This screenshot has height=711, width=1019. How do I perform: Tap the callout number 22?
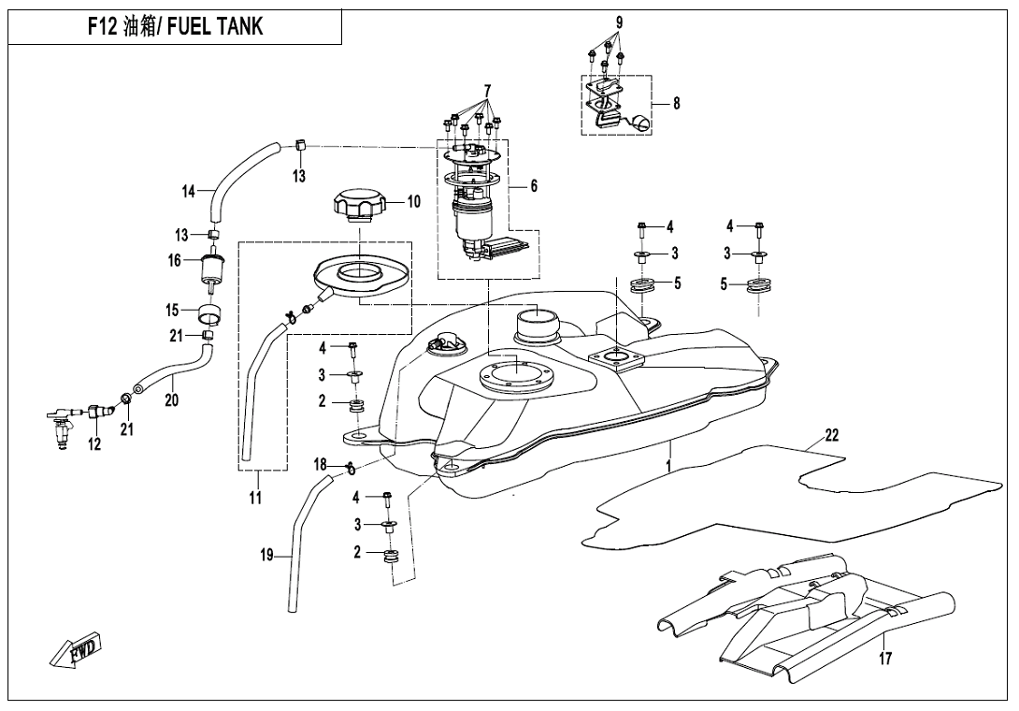831,435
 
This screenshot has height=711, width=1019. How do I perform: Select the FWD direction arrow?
77,650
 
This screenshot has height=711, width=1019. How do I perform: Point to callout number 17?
884,659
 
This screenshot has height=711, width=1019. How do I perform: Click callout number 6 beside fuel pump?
534,186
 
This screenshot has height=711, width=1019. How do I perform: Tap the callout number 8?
676,104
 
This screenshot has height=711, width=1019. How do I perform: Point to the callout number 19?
267,556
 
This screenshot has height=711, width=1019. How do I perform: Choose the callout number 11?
255,499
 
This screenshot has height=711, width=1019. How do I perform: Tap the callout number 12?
94,444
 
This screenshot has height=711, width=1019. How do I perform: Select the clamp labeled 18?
348,467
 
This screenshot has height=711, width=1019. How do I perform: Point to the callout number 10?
413,201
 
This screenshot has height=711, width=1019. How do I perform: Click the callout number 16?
174,261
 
